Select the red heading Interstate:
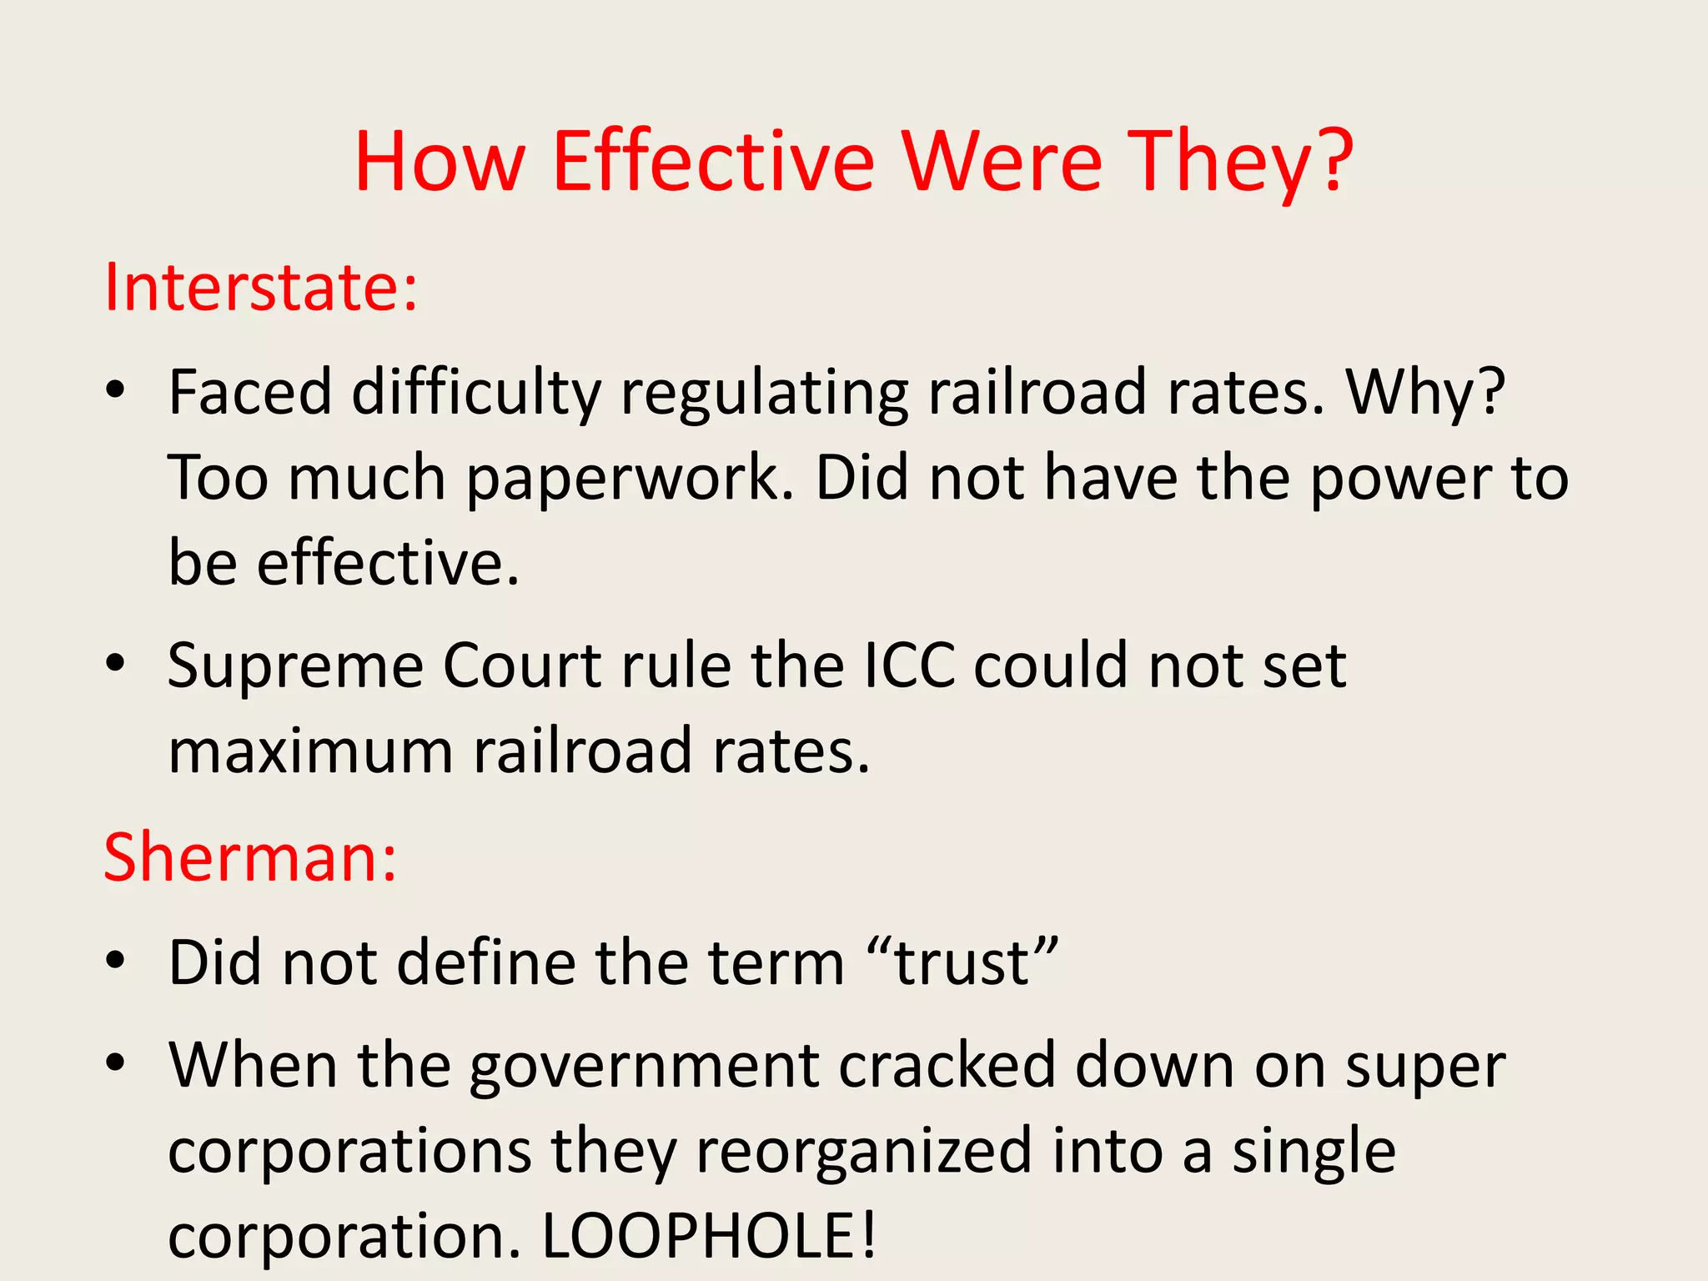260,288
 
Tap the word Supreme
296,667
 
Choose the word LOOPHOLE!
710,1235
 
